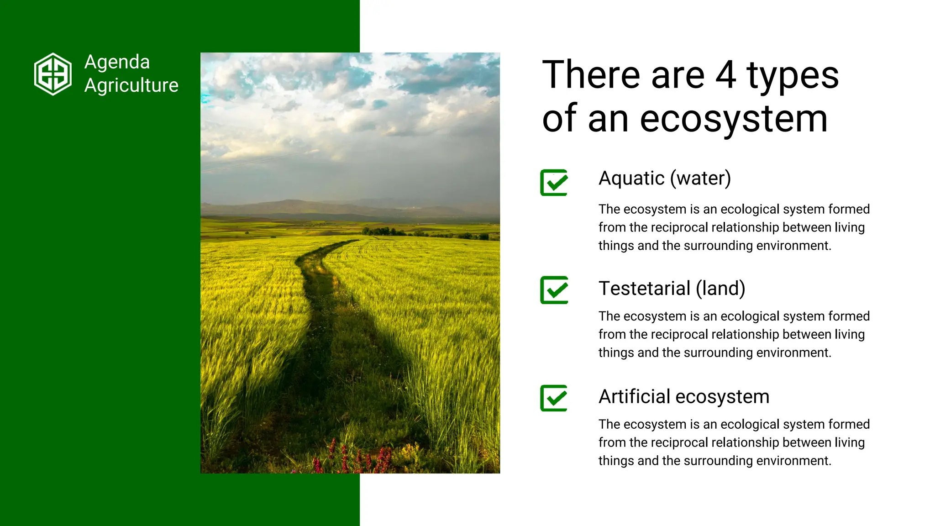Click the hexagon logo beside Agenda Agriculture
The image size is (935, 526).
pyautogui.click(x=53, y=74)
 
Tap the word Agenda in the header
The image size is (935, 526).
pyautogui.click(x=117, y=62)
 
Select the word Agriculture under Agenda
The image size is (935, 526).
pyautogui.click(x=131, y=85)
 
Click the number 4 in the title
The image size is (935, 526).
pyautogui.click(x=725, y=75)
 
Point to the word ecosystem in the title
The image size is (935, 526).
pyautogui.click(x=734, y=119)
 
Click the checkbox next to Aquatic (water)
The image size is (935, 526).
pyautogui.click(x=554, y=183)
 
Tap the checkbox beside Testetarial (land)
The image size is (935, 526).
pyautogui.click(x=554, y=290)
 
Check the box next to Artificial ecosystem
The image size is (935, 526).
pyautogui.click(x=554, y=398)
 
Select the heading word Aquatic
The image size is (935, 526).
pyautogui.click(x=631, y=179)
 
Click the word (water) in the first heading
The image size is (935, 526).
pyautogui.click(x=700, y=179)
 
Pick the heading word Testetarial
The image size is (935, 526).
pyautogui.click(x=644, y=289)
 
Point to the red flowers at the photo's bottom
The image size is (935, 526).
pyautogui.click(x=352, y=459)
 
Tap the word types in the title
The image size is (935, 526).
pyautogui.click(x=793, y=76)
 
